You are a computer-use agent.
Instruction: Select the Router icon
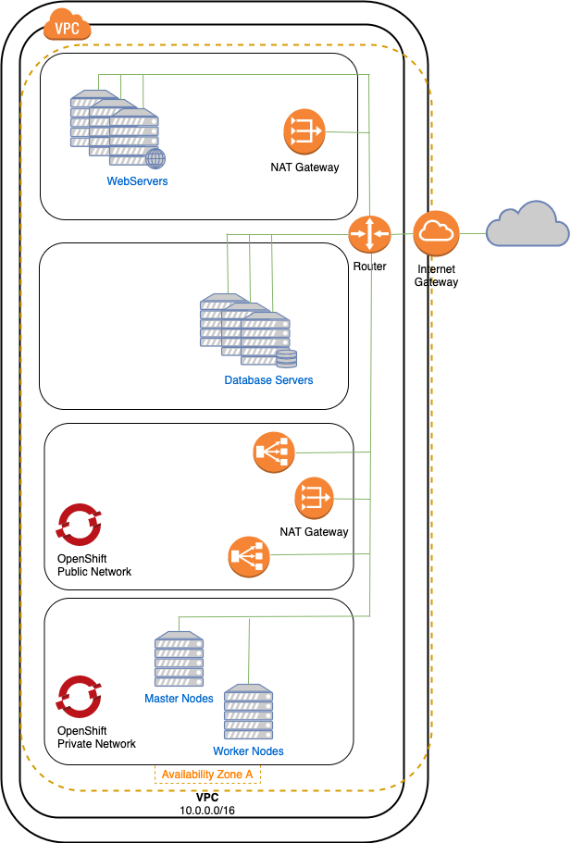pyautogui.click(x=370, y=233)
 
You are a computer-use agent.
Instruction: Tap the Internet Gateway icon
pyautogui.click(x=436, y=233)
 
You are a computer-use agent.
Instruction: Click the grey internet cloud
pyautogui.click(x=528, y=227)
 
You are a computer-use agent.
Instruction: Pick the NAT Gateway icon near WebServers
pyautogui.click(x=304, y=132)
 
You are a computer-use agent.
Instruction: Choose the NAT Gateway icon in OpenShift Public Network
pyautogui.click(x=314, y=499)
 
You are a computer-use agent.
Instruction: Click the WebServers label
pyautogui.click(x=137, y=181)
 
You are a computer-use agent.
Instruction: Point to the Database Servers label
pyautogui.click(x=268, y=380)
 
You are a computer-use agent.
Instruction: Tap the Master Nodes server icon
pyautogui.click(x=179, y=660)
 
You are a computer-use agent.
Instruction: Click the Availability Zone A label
pyautogui.click(x=207, y=775)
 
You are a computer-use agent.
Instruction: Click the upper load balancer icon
pyautogui.click(x=272, y=452)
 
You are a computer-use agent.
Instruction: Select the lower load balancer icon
pyautogui.click(x=247, y=556)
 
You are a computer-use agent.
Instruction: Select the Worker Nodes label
pyautogui.click(x=248, y=750)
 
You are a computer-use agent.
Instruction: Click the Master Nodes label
pyautogui.click(x=179, y=699)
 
